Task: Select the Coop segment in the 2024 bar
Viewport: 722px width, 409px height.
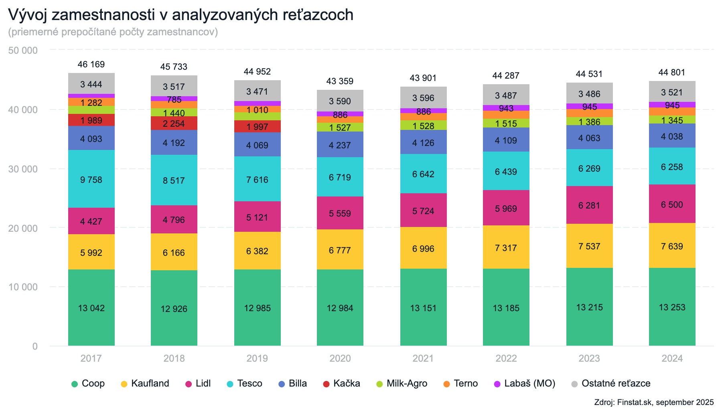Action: [x=672, y=307]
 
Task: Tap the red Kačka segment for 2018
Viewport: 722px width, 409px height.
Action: [x=174, y=123]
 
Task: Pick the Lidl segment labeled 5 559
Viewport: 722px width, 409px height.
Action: [x=340, y=213]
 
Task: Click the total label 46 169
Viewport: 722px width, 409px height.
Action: [x=91, y=64]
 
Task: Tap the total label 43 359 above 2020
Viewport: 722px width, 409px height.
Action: [x=340, y=81]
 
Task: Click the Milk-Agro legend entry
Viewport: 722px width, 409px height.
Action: [x=402, y=383]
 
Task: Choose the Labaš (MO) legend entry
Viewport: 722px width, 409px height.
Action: [x=525, y=383]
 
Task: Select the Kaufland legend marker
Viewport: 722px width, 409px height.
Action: [x=124, y=384]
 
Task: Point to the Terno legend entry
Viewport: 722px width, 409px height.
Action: [x=460, y=383]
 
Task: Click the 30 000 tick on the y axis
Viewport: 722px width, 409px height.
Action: [x=23, y=169]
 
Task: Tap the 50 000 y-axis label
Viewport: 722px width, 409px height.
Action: [x=23, y=50]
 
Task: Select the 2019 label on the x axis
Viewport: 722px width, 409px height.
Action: [x=257, y=358]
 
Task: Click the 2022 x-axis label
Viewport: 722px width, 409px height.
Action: [x=506, y=358]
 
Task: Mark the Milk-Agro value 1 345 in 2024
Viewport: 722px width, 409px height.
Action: [x=672, y=120]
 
